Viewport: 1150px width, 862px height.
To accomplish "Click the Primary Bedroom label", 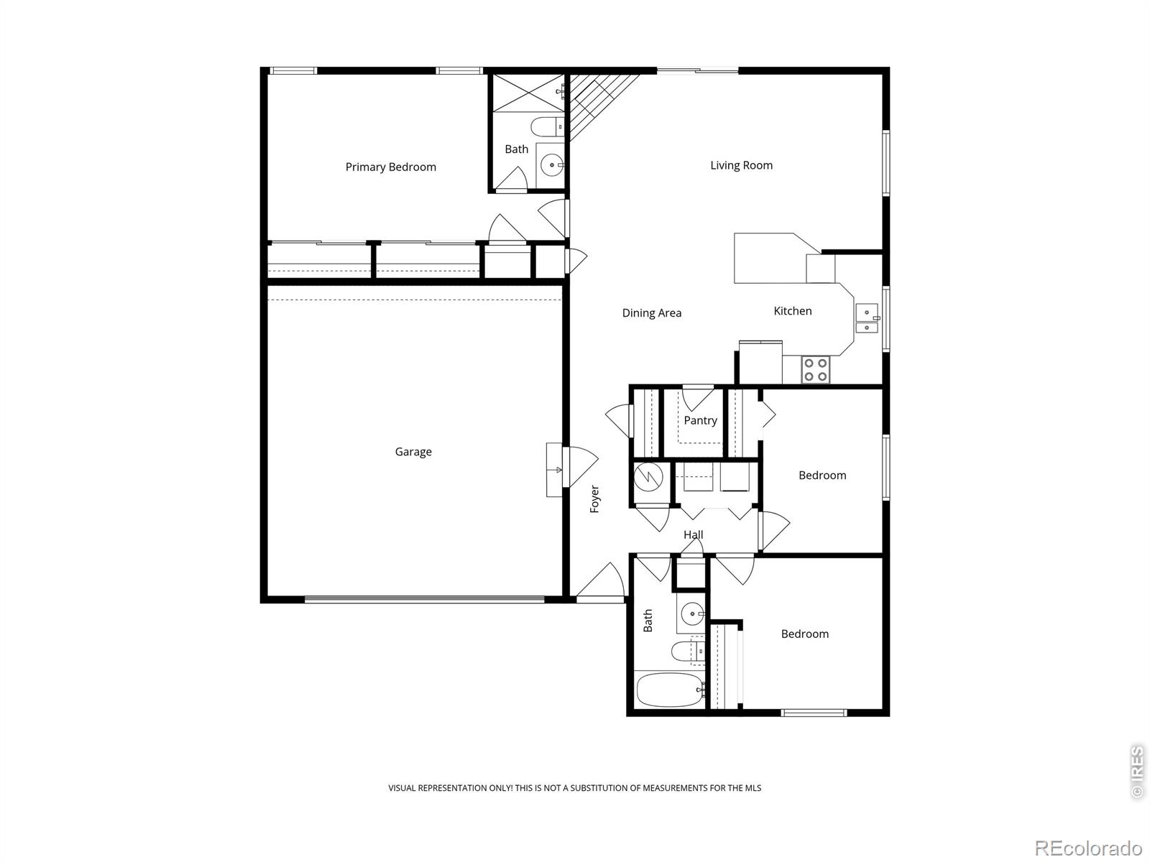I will pos(390,167).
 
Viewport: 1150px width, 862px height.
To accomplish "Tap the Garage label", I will pos(413,452).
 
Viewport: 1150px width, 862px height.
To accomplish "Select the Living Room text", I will pos(741,165).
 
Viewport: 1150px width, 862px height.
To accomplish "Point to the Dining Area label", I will pos(651,312).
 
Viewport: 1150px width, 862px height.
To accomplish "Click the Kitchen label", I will pos(792,311).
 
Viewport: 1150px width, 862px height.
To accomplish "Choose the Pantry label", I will pos(700,420).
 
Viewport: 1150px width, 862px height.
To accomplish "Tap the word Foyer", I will pos(594,499).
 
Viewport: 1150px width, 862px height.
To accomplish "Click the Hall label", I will pos(693,534).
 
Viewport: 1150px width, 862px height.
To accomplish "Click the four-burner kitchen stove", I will pos(816,370).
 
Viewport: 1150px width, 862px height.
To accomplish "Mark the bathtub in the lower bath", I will pos(669,690).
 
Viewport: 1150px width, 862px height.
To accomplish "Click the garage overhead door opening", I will pos(424,598).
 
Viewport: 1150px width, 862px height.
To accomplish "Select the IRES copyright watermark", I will pos(1136,772).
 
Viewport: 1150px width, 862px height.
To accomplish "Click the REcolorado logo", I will pos(1088,848).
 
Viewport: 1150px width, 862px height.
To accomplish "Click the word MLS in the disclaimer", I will pos(753,788).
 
